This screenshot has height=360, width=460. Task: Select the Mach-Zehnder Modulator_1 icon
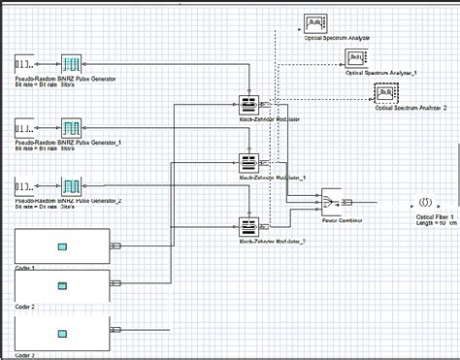[x=249, y=164]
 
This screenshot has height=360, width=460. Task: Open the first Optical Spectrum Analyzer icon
[x=315, y=22]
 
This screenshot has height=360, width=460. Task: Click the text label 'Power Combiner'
[x=343, y=220]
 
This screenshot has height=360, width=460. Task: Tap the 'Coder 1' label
[x=25, y=267]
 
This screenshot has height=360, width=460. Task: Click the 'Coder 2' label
[x=25, y=306]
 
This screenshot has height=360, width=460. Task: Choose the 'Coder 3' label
[x=25, y=355]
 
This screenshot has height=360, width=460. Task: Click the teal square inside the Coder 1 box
[x=62, y=246]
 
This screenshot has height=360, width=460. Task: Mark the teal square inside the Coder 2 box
[x=62, y=285]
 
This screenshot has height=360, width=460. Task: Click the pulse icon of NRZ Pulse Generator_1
[x=74, y=127]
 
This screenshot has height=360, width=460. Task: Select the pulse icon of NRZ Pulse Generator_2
[x=74, y=185]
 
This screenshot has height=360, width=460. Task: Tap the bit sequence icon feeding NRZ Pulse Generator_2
[x=29, y=185]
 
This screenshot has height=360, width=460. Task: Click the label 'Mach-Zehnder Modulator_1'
[x=272, y=179]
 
